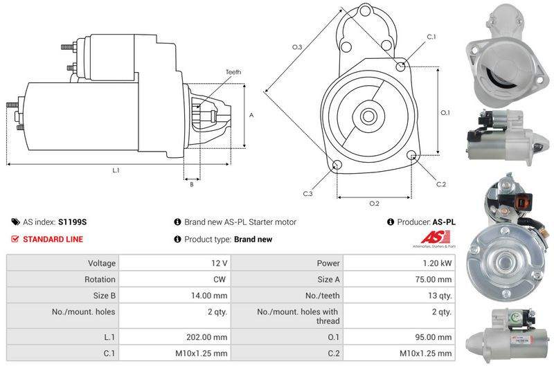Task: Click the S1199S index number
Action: pos(73,222)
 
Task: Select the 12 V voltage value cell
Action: pos(219,263)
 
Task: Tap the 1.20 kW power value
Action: pos(437,263)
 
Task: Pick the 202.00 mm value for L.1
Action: pos(206,337)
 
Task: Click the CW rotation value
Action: pos(219,279)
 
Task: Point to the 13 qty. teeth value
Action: pos(440,296)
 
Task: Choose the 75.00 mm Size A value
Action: pos(434,279)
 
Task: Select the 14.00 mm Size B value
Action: pos(209,296)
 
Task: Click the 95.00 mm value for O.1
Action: pos(434,337)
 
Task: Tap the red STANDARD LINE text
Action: pos(53,239)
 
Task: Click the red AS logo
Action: pos(436,238)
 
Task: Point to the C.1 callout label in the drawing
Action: pos(431,37)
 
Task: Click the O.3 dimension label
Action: pos(297,47)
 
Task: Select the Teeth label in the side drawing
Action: pos(233,72)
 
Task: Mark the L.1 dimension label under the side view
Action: pos(116,170)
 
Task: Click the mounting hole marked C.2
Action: pos(411,155)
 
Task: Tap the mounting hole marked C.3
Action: pos(337,165)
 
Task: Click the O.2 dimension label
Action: pos(374,204)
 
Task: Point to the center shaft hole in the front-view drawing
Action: pos(368,116)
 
